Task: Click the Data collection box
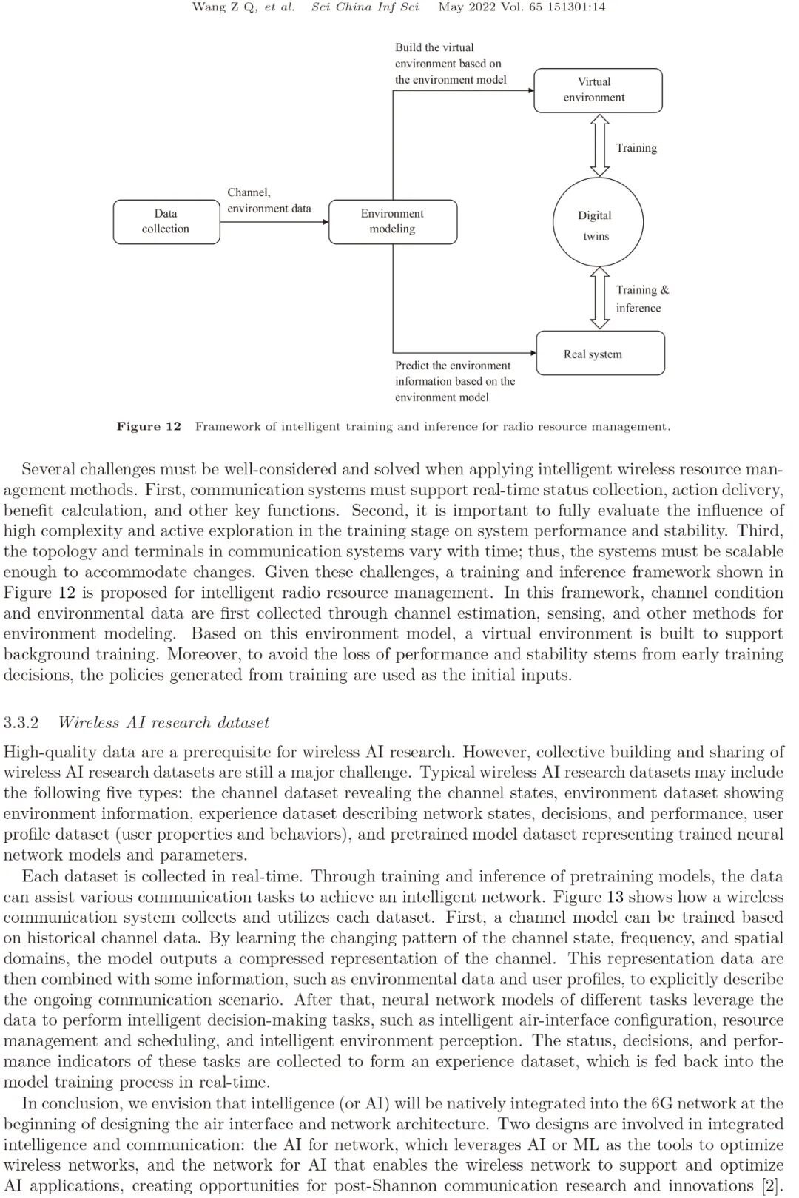166,221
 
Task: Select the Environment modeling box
392,221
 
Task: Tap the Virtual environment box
598,90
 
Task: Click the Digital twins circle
598,221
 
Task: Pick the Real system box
600,354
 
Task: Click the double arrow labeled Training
598,145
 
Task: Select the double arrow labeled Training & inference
599,298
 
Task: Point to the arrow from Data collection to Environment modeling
274,221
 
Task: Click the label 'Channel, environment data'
269,201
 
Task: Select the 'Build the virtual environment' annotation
451,64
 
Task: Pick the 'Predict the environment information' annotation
454,381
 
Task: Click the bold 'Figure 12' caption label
149,426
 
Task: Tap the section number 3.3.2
21,722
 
